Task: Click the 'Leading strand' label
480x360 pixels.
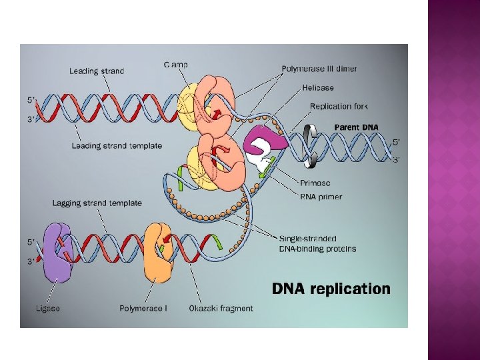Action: click(x=97, y=71)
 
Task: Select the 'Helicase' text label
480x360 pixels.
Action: click(x=317, y=87)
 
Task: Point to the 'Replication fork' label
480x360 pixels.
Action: click(x=339, y=106)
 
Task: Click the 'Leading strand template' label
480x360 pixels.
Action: click(x=117, y=145)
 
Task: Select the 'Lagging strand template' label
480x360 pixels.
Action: click(x=97, y=203)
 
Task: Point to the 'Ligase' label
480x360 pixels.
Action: click(x=47, y=308)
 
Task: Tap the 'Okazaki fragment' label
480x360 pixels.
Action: click(x=221, y=308)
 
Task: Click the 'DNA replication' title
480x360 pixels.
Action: click(x=331, y=289)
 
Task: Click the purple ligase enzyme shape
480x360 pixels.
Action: click(x=57, y=254)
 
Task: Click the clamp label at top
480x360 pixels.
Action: click(x=176, y=65)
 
